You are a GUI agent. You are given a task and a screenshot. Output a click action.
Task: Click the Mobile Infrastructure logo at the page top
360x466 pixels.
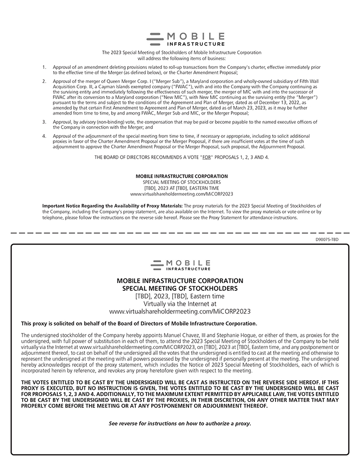185,39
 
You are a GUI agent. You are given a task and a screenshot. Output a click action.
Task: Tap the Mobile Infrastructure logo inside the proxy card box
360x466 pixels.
180,265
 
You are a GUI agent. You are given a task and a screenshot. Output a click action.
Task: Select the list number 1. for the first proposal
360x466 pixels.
44,67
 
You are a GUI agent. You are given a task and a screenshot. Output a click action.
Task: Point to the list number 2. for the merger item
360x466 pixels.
44,81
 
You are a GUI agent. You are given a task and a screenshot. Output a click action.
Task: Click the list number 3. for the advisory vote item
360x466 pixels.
44,121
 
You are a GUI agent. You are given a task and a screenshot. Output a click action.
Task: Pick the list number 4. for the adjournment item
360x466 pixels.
44,136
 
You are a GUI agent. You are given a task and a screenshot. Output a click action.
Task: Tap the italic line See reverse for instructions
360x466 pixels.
180,423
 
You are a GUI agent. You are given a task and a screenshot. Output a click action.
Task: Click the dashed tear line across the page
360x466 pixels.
180,233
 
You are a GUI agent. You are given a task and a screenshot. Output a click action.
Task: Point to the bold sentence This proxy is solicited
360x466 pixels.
139,323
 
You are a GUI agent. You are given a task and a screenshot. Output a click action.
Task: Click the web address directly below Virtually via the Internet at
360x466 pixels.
180,311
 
